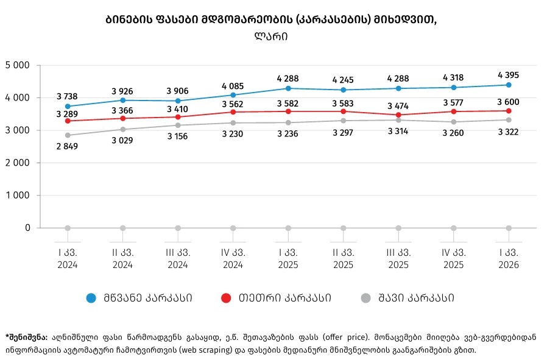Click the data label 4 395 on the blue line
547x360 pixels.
tap(509, 75)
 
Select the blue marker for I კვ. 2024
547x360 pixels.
tap(68, 106)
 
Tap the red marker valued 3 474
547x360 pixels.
tap(398, 115)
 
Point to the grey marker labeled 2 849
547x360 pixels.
tap(68, 135)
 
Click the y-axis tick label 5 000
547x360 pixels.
tap(18, 65)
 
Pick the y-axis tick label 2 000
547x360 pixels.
tap(18, 163)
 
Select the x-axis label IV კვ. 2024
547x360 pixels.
tap(233, 258)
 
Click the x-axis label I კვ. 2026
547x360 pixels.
tap(509, 258)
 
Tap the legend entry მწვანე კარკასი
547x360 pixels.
tap(148, 298)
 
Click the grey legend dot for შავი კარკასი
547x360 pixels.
tap(365, 298)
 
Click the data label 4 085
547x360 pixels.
tap(233, 84)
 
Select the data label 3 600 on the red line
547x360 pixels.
tap(509, 101)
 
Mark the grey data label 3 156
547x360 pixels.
tap(178, 136)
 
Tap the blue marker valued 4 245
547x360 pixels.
tap(343, 90)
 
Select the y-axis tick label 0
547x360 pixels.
tap(28, 228)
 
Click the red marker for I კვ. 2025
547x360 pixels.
tap(288, 111)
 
